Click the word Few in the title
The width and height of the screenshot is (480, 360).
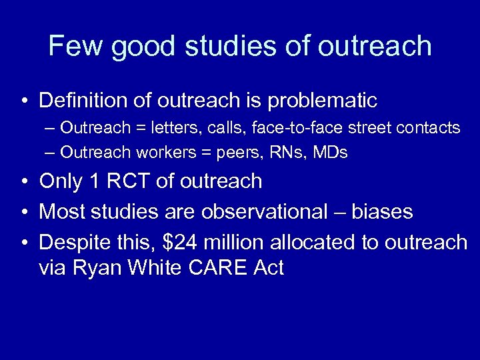79,46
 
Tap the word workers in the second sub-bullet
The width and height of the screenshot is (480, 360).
161,152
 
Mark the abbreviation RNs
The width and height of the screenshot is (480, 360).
273,152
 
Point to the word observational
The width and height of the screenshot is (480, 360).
261,212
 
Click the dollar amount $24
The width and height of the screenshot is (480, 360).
185,243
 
